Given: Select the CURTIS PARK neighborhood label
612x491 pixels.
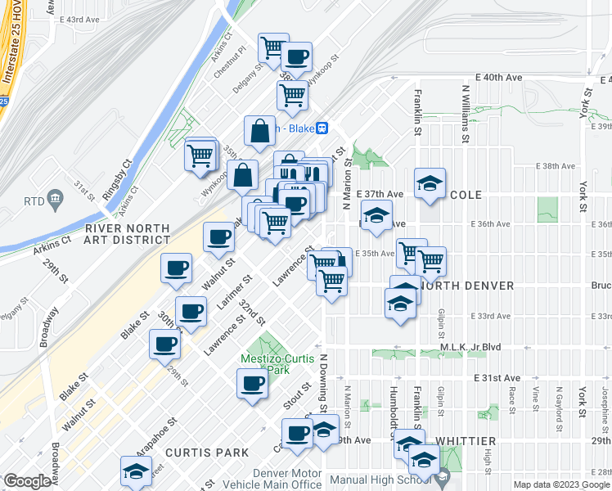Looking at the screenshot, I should [x=201, y=453].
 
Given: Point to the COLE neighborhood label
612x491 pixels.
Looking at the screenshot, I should [x=464, y=195].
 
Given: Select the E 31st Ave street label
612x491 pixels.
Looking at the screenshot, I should [x=497, y=377].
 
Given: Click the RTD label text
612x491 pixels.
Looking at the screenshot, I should [x=34, y=200].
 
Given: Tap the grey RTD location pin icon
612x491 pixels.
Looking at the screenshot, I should [x=56, y=198].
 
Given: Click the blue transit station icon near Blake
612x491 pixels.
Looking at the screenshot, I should [x=323, y=128].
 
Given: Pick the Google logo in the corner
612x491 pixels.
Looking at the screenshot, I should [x=28, y=480].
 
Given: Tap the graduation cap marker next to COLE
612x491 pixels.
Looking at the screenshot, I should [x=429, y=183].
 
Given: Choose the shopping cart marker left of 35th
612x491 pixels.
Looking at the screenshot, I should [x=200, y=153].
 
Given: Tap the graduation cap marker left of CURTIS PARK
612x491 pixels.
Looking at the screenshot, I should [x=136, y=470].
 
